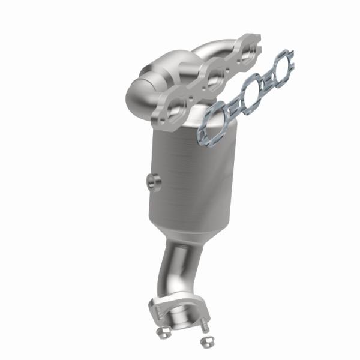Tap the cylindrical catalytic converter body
click(x=192, y=174)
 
